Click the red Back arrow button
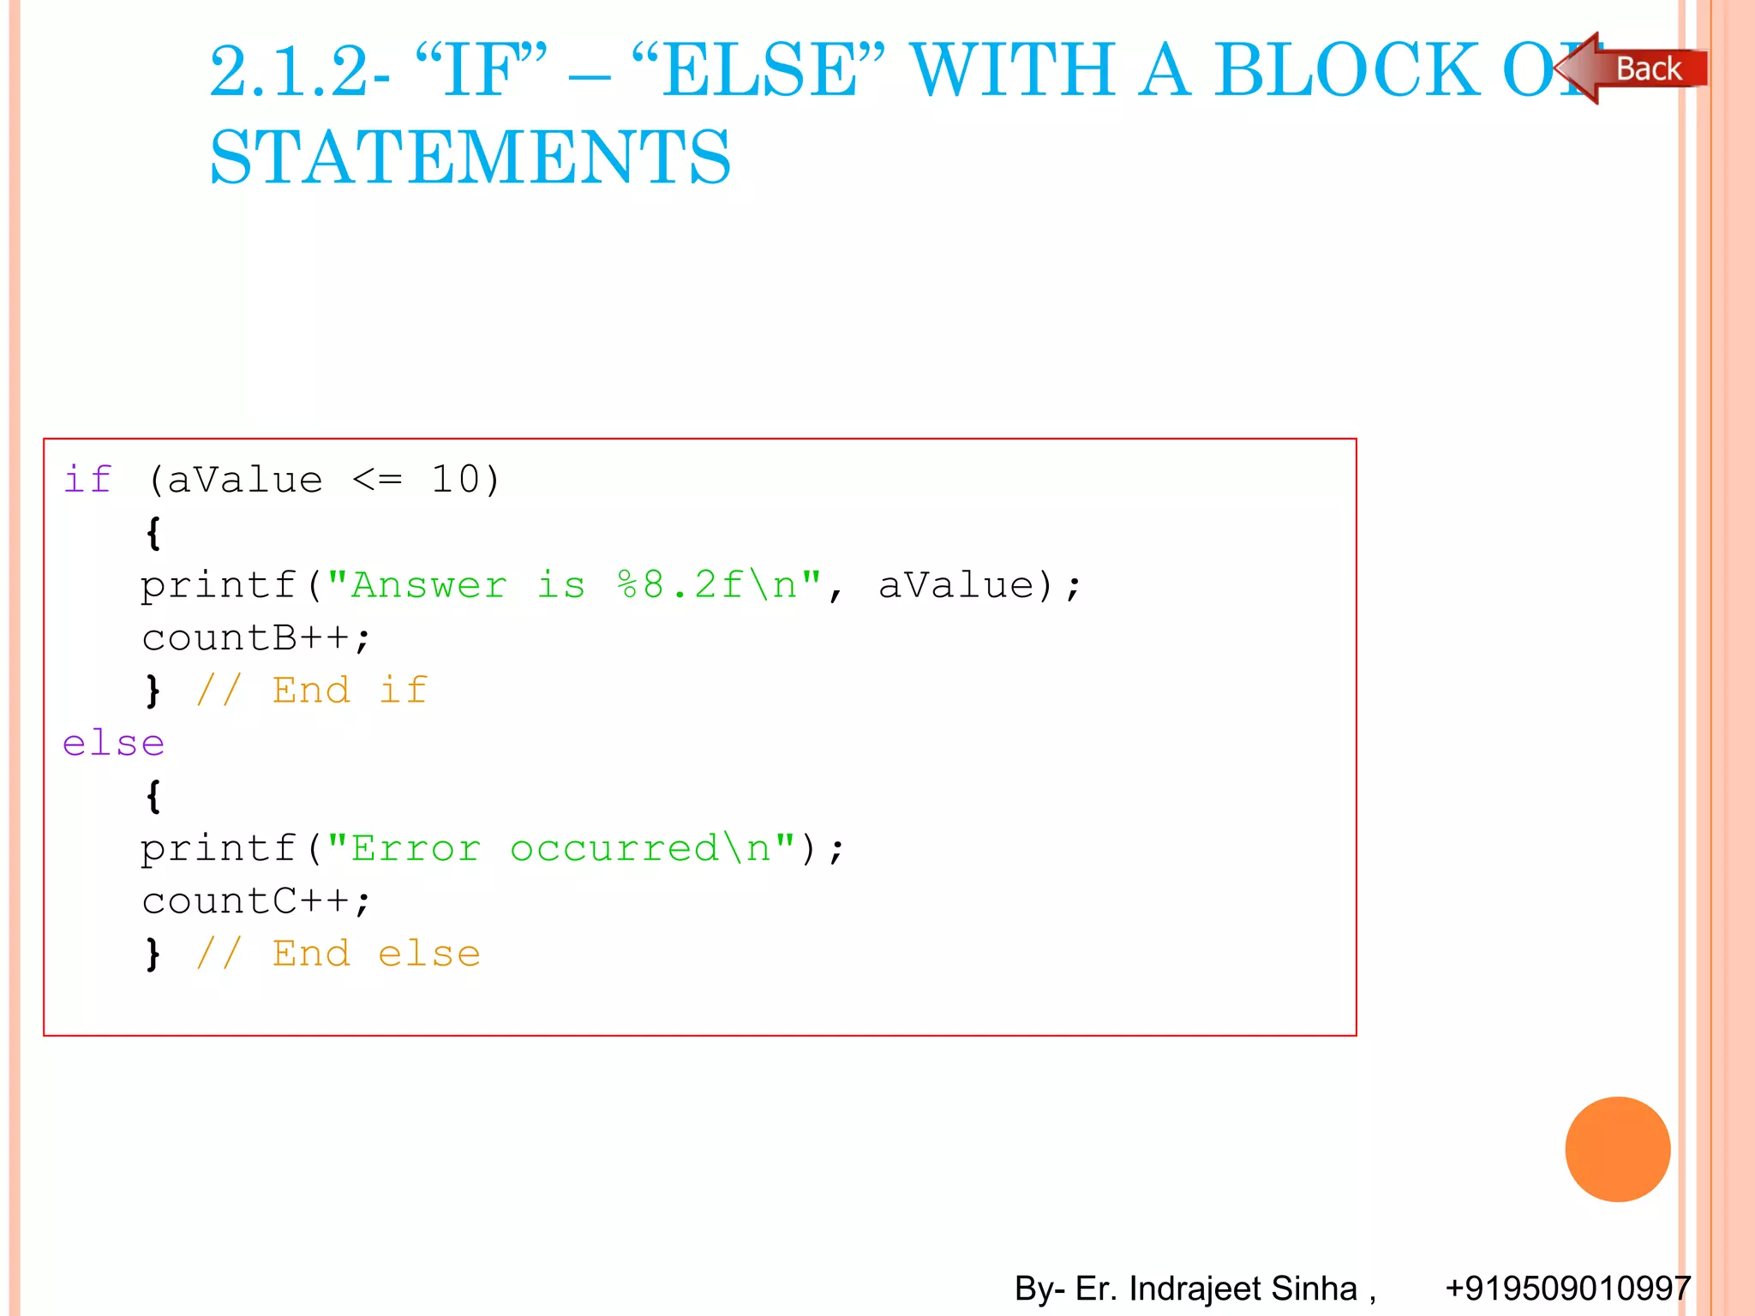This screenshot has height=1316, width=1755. click(x=1632, y=69)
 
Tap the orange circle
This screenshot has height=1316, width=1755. click(x=1617, y=1149)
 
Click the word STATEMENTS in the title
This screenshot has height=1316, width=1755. click(x=470, y=158)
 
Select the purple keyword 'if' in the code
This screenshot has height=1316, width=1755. click(x=87, y=479)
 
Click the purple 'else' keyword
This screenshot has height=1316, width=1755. click(x=113, y=743)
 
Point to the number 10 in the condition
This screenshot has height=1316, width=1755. click(x=455, y=479)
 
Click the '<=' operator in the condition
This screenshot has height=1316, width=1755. click(x=377, y=480)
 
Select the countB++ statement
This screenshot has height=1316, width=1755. click(x=255, y=637)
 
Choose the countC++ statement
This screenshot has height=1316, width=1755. click(x=255, y=901)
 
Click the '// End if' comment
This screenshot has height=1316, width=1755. click(x=312, y=691)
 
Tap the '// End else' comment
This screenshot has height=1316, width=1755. click(x=338, y=954)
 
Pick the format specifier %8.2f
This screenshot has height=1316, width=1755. click(x=681, y=585)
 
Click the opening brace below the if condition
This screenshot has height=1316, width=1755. click(x=153, y=533)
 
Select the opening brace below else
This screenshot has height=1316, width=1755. click(x=153, y=796)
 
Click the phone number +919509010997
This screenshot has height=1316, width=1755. click(x=1567, y=1288)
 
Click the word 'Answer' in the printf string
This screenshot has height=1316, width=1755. click(x=428, y=585)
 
